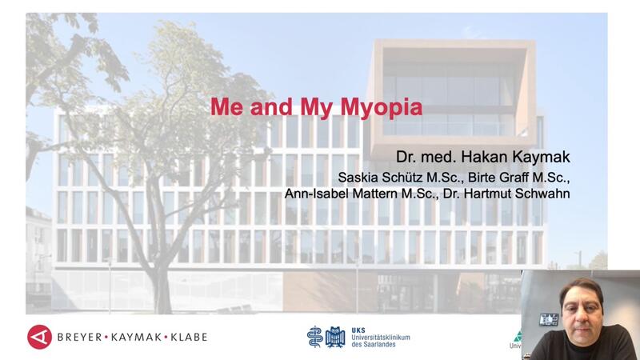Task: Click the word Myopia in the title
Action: click(382, 108)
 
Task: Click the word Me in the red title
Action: click(226, 106)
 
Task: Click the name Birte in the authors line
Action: click(482, 178)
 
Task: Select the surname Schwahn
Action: click(542, 193)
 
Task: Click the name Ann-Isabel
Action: click(316, 193)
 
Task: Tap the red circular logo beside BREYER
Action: click(39, 337)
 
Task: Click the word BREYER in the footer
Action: click(79, 337)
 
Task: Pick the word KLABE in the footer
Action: click(189, 337)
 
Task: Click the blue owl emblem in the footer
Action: click(335, 337)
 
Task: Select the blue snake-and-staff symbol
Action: click(314, 337)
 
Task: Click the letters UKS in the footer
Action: click(358, 330)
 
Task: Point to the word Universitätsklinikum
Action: click(381, 338)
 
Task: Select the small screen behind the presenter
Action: click(549, 319)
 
